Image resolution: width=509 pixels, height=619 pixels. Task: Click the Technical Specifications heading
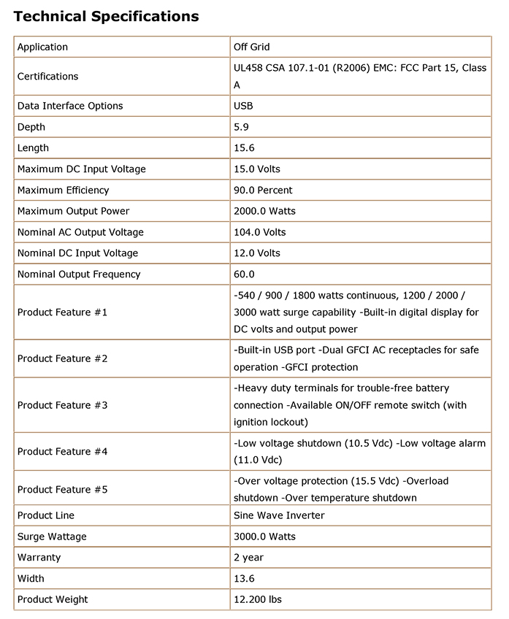click(x=106, y=15)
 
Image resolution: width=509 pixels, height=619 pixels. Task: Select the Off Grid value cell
click(x=252, y=47)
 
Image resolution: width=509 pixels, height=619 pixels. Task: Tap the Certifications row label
click(x=47, y=76)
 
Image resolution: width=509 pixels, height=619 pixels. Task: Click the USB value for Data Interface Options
click(x=243, y=106)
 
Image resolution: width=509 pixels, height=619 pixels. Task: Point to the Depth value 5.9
click(x=240, y=127)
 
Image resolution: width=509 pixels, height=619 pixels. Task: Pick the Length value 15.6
click(x=243, y=147)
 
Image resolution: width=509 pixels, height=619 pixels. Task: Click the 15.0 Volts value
click(x=257, y=169)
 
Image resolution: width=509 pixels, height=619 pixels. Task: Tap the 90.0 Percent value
click(x=263, y=190)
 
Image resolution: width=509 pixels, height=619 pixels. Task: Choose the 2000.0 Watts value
click(x=264, y=211)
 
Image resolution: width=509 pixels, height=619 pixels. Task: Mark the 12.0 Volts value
click(x=257, y=253)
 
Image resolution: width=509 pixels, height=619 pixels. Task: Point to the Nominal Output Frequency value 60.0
click(x=244, y=274)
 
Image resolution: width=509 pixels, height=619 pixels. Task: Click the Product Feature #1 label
click(x=62, y=312)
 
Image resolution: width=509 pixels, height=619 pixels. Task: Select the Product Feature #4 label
click(x=62, y=452)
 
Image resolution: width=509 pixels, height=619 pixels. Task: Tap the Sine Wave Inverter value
click(x=279, y=515)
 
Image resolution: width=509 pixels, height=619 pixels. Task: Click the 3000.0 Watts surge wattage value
click(x=264, y=537)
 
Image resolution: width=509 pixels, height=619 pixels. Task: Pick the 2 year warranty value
click(x=248, y=558)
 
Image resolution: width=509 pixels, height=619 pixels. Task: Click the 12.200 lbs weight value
click(x=258, y=600)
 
